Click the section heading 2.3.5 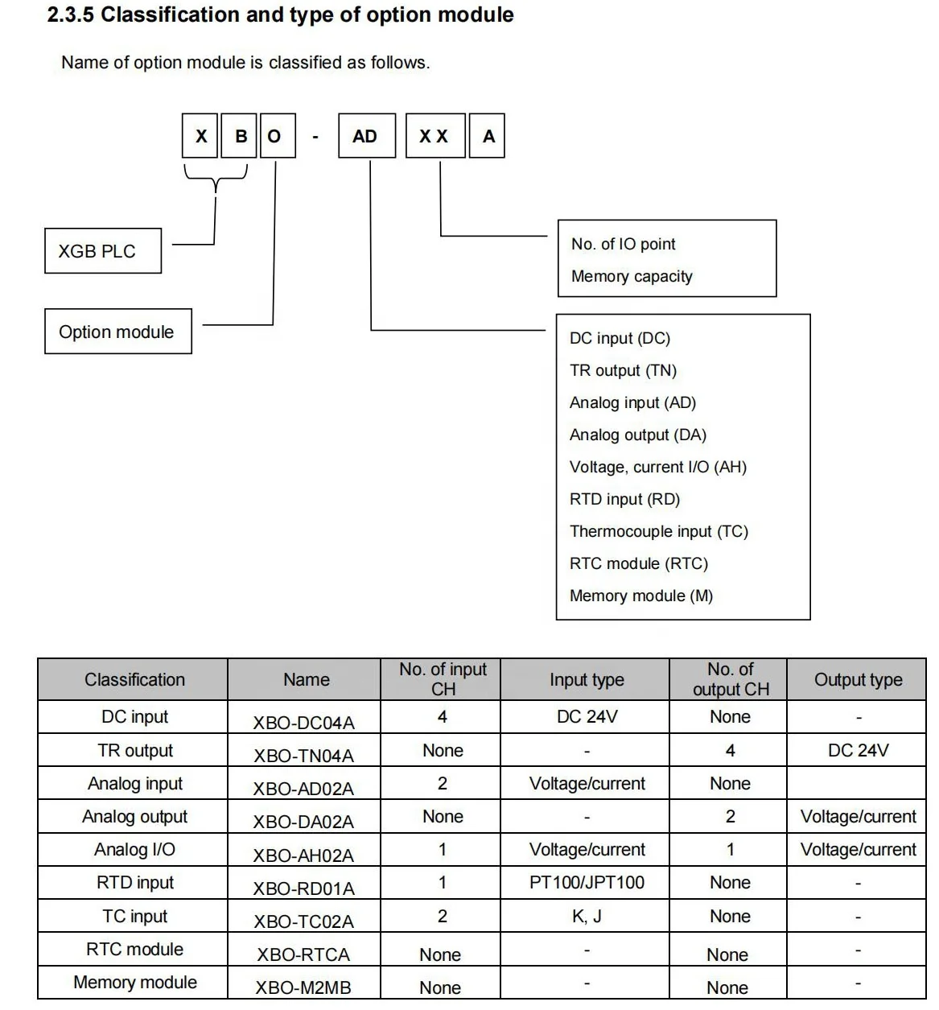click(x=280, y=15)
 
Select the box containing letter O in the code click(x=274, y=136)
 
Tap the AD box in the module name click(x=365, y=136)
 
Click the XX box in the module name click(x=434, y=136)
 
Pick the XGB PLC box click(x=102, y=251)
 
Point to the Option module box click(x=117, y=332)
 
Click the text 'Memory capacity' click(x=632, y=276)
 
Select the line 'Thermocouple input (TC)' click(x=658, y=531)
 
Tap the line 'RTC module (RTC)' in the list click(x=638, y=563)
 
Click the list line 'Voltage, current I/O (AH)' click(x=657, y=467)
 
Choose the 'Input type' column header click(x=587, y=680)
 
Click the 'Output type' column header click(x=858, y=680)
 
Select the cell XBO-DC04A click(x=303, y=722)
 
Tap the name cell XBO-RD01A click(x=303, y=888)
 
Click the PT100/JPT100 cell click(x=587, y=883)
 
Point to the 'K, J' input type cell click(x=587, y=916)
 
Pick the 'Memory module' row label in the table click(x=134, y=982)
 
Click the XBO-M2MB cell click(x=303, y=987)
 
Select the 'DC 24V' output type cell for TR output click(x=858, y=750)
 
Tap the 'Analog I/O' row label click(x=134, y=850)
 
